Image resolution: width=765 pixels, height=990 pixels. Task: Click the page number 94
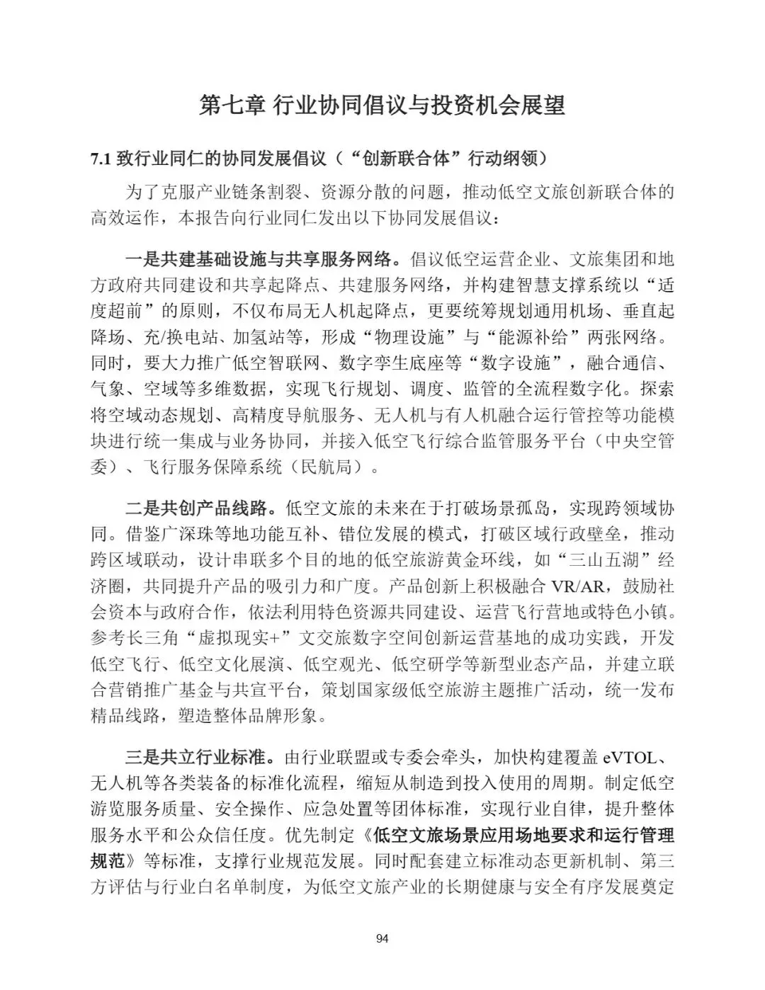coord(382,939)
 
